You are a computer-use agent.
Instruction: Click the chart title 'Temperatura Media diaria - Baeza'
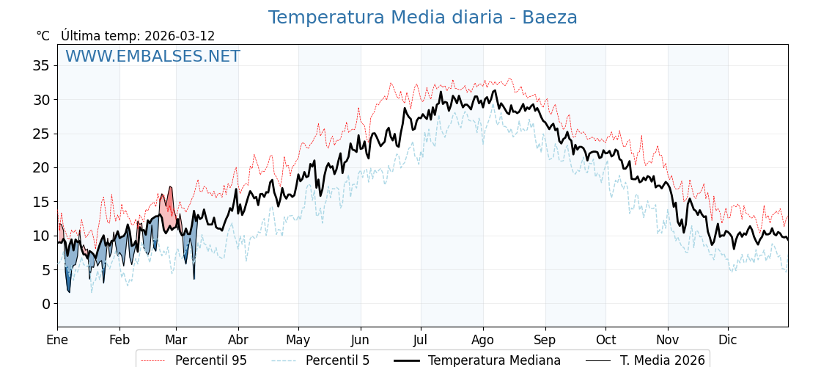422,18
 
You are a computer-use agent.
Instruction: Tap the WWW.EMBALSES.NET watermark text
152,57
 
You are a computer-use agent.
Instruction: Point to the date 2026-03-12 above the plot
180,36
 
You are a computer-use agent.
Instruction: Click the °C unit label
43,36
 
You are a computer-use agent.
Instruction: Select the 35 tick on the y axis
41,65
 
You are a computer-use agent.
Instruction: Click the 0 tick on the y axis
45,304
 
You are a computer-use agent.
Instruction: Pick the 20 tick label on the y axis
41,167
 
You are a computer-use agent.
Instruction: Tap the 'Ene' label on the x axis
57,340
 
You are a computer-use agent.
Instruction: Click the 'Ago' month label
483,340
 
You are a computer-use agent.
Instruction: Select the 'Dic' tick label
728,340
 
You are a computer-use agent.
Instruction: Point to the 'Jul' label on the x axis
421,340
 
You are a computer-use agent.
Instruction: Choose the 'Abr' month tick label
238,340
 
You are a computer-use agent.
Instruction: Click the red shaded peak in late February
169,209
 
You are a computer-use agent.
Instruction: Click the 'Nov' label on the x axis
667,340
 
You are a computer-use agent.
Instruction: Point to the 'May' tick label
298,340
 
